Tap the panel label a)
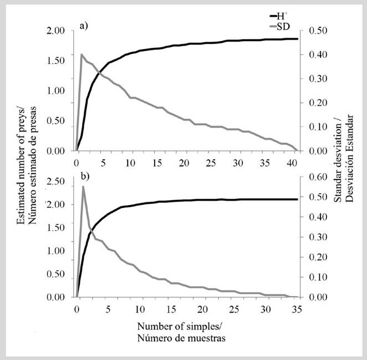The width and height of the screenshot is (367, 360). click(x=84, y=26)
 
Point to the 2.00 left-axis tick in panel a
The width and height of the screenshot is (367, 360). click(x=57, y=31)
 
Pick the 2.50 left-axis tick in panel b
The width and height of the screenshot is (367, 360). click(x=57, y=181)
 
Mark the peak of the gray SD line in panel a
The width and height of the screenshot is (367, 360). click(x=82, y=54)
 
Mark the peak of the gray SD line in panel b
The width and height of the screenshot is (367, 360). click(x=83, y=187)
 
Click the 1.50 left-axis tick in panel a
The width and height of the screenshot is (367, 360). click(x=57, y=60)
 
